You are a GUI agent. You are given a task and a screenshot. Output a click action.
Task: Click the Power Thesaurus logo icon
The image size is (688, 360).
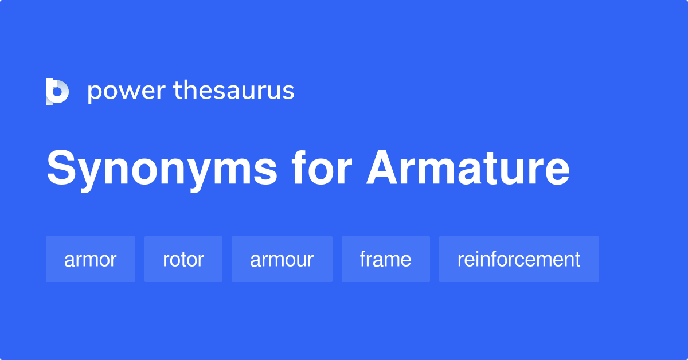pos(57,91)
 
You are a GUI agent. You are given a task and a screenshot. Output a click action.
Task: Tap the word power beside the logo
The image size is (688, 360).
pos(126,91)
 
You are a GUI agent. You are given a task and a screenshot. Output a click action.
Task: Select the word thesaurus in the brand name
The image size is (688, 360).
pos(234,91)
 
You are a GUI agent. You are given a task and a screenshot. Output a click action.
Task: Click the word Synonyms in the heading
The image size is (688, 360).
pos(162,169)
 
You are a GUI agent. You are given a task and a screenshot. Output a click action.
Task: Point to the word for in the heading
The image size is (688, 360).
pos(322,169)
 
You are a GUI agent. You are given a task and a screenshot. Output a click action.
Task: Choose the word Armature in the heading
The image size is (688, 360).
pos(468,169)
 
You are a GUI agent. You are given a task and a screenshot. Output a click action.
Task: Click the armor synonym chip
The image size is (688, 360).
pos(91,259)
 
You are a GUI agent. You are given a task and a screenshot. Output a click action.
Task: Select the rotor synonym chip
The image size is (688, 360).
pos(183,259)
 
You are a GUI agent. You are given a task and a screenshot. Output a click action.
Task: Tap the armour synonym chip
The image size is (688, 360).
pos(282,259)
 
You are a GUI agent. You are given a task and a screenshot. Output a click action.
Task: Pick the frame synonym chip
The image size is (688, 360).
pos(386,259)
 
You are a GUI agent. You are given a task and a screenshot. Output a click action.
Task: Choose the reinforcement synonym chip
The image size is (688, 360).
pos(519,259)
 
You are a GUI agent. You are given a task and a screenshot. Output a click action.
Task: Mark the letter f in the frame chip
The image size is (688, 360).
pos(363,259)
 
